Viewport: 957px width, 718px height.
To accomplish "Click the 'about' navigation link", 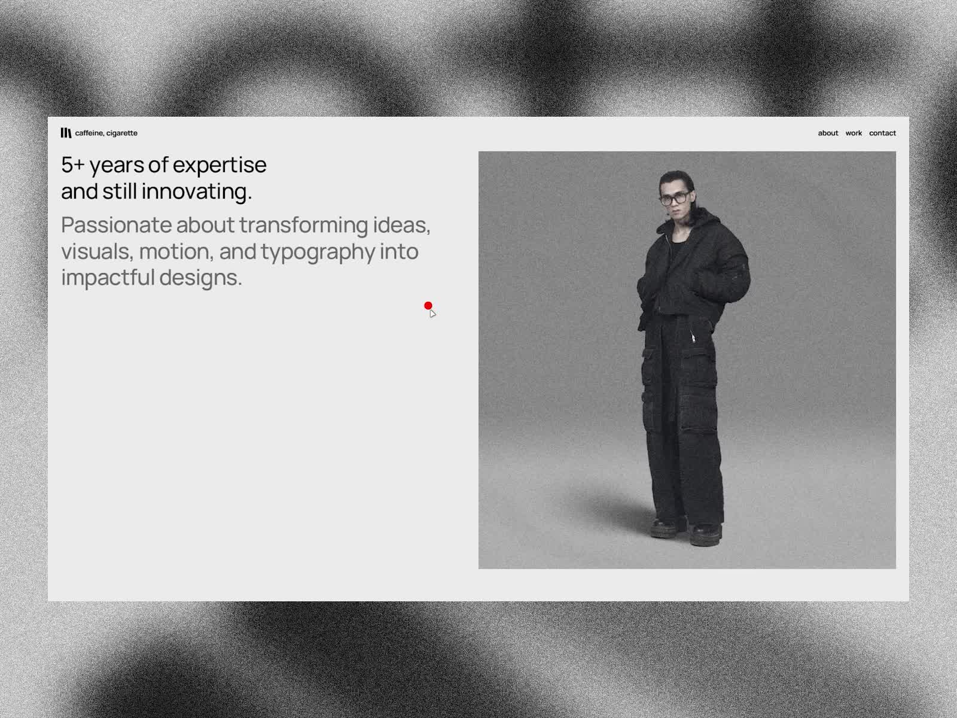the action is point(828,133).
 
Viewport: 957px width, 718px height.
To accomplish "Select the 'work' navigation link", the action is point(854,133).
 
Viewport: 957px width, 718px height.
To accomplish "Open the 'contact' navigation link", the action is point(882,133).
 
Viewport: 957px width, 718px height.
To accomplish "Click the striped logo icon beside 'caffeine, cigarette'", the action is point(66,133).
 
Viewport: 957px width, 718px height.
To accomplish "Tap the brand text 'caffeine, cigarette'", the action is point(106,133).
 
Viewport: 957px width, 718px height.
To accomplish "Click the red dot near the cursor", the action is point(428,306).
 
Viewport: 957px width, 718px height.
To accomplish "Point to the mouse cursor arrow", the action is point(432,314).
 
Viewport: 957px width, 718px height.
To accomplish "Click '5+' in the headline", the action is point(73,165).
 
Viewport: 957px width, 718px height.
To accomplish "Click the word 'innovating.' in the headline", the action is point(197,192).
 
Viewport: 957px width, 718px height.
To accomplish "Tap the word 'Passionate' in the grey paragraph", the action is point(117,225).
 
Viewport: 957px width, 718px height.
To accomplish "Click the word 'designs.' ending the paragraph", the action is point(200,278).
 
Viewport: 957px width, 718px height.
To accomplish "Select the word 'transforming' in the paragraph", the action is point(303,226).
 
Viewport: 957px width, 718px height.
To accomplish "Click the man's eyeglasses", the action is point(675,199).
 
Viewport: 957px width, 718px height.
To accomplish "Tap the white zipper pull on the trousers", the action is point(693,336).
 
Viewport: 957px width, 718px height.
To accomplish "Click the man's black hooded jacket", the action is point(693,270).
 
